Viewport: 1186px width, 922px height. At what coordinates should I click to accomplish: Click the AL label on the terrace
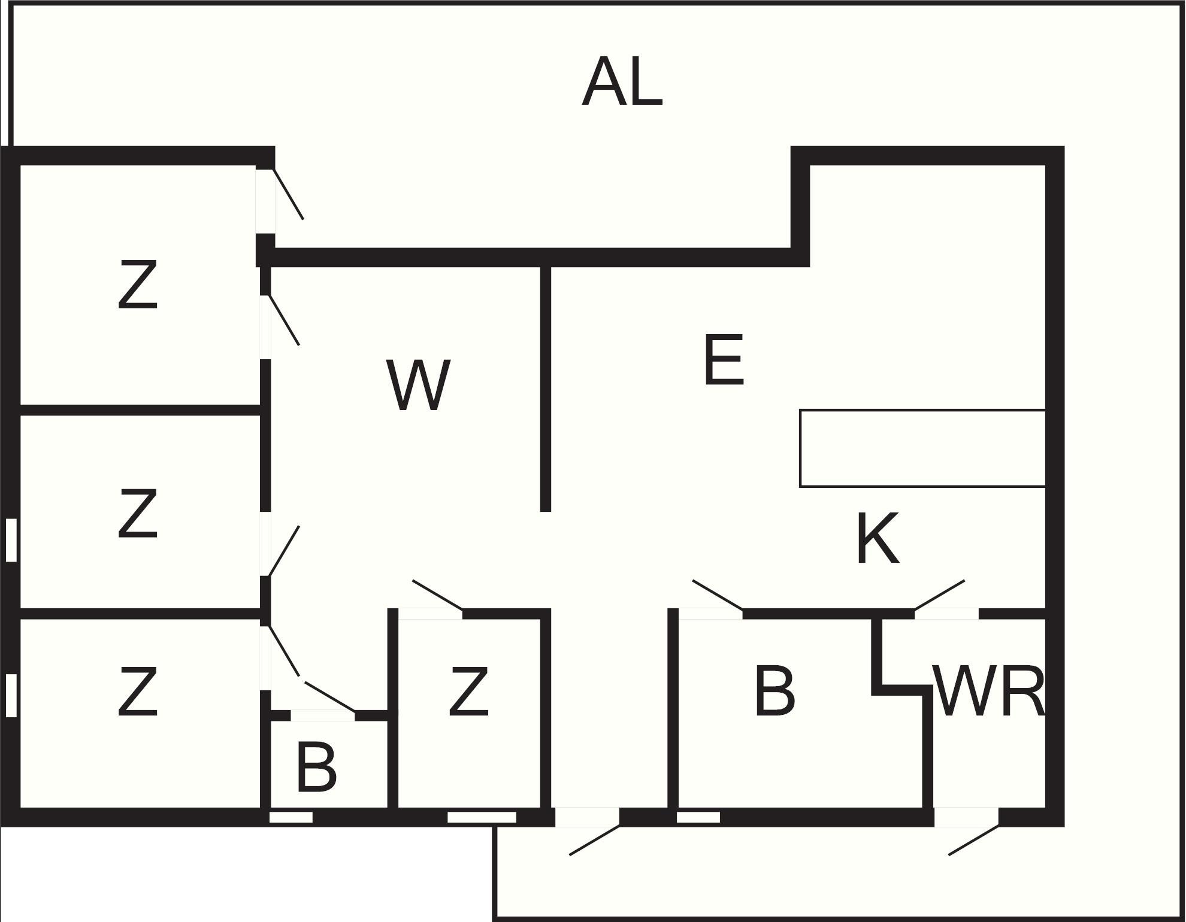622,82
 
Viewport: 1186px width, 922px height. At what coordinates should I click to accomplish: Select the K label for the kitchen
878,538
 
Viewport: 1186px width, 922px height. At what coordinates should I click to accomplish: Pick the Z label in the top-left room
138,284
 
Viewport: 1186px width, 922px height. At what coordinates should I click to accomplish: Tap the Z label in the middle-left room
138,513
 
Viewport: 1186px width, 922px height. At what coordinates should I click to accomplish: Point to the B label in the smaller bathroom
316,766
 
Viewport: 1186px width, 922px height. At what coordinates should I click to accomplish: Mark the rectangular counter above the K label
922,448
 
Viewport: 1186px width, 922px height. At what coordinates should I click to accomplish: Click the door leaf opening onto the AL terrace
289,194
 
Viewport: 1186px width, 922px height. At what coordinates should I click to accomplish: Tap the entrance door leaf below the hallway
594,840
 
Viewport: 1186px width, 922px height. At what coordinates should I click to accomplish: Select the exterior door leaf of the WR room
974,840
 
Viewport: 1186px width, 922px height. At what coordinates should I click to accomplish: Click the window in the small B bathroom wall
291,817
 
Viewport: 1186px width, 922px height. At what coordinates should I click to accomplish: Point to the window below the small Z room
482,817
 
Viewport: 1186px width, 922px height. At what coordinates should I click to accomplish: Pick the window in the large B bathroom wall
698,817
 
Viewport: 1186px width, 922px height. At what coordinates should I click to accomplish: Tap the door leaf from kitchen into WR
939,595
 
